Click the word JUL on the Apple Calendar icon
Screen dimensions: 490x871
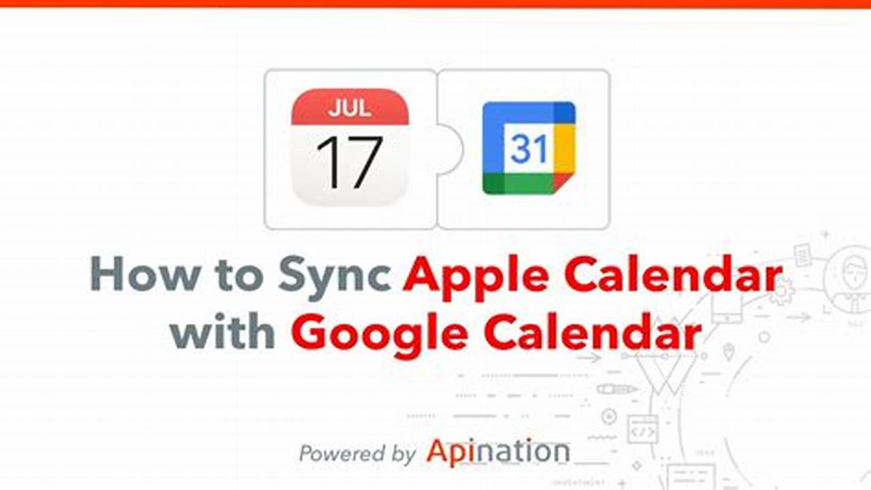tap(350, 108)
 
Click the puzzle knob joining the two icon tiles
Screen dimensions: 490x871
tap(450, 149)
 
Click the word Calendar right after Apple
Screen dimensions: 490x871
tap(674, 275)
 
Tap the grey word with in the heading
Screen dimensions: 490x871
tap(223, 333)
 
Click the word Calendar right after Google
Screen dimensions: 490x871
tap(591, 333)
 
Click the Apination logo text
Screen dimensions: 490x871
tap(497, 451)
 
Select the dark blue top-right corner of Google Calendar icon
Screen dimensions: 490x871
tap(565, 111)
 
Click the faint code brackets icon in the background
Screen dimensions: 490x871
tap(642, 430)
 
